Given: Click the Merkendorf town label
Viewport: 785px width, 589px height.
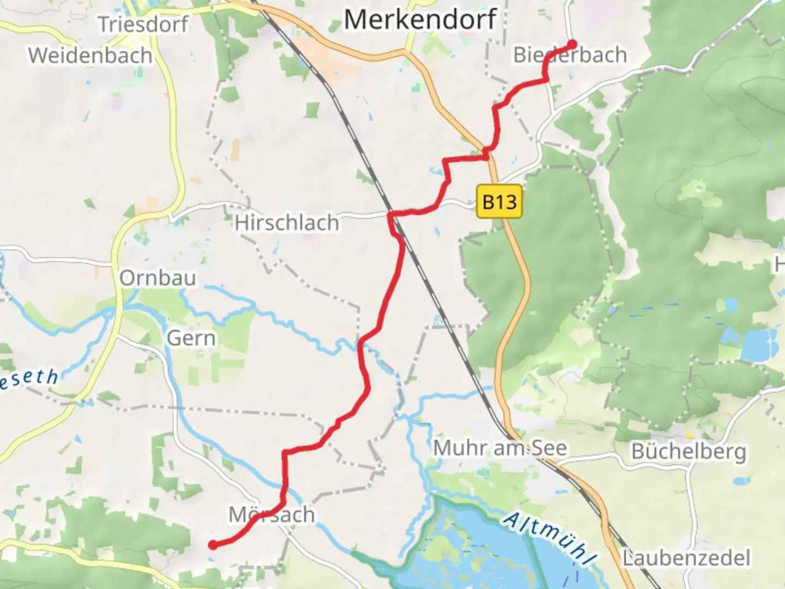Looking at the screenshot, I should pyautogui.click(x=420, y=20).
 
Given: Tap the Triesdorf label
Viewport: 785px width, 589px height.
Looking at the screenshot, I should pyautogui.click(x=143, y=25).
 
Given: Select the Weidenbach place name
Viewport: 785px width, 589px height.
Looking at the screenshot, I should pyautogui.click(x=90, y=56).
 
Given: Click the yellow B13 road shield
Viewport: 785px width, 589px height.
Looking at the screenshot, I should pyautogui.click(x=499, y=202).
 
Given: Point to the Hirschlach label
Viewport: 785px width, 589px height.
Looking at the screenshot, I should pyautogui.click(x=287, y=223).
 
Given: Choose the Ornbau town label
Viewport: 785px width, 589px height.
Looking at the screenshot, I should pyautogui.click(x=158, y=278).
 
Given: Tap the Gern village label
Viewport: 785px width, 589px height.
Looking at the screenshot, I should pyautogui.click(x=191, y=338).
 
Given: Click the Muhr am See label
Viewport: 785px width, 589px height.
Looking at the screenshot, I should pyautogui.click(x=500, y=448).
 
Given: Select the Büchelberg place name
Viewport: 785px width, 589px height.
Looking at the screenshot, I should pyautogui.click(x=689, y=452).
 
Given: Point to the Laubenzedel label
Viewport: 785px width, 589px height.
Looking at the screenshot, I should pyautogui.click(x=686, y=558).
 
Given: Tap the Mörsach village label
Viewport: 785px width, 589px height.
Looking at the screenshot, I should pyautogui.click(x=271, y=515).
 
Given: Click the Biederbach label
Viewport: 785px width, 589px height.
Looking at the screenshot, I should pyautogui.click(x=570, y=55).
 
